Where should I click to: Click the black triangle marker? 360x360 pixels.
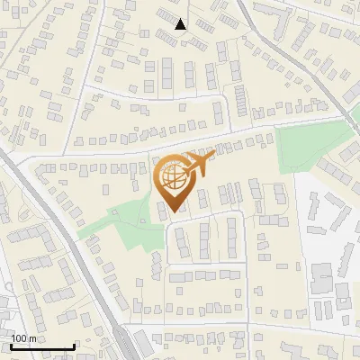pyautogui.click(x=181, y=24)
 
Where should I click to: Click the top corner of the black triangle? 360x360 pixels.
pyautogui.click(x=181, y=19)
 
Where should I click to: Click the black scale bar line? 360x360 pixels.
pyautogui.click(x=41, y=347)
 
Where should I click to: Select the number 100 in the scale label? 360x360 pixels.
pyautogui.click(x=20, y=338)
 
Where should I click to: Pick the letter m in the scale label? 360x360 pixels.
pyautogui.click(x=32, y=338)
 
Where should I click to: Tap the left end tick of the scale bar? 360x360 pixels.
pyautogui.click(x=10, y=346)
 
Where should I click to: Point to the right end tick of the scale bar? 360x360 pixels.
pyautogui.click(x=73, y=346)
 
